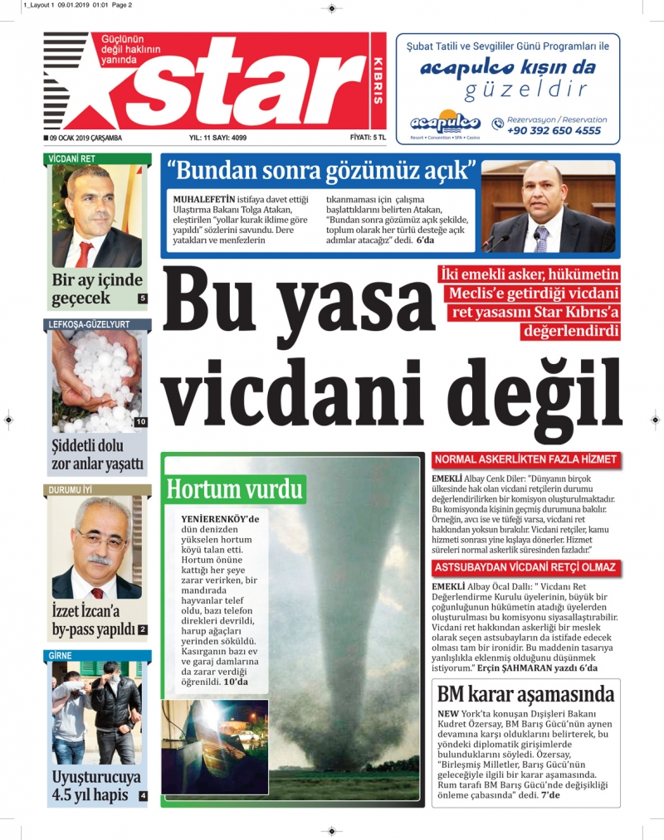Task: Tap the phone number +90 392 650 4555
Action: point(554,131)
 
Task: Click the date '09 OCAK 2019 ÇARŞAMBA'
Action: point(85,138)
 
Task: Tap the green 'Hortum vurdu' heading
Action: point(235,488)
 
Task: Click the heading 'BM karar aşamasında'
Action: point(526,694)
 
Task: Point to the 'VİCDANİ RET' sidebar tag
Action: point(72,158)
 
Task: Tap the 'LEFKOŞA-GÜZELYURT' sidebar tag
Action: point(89,324)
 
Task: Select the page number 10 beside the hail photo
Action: point(141,422)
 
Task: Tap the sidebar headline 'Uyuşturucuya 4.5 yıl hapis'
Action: point(95,786)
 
